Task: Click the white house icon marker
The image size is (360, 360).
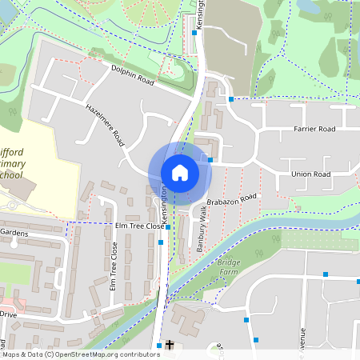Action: pyautogui.click(x=179, y=172)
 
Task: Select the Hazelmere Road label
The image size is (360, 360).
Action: pyautogui.click(x=105, y=126)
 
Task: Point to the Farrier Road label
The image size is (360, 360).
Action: pyautogui.click(x=314, y=128)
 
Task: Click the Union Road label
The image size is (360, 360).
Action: pyautogui.click(x=311, y=174)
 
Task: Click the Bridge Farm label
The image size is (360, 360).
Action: pyautogui.click(x=230, y=267)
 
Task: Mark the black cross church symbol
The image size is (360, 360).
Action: pyautogui.click(x=169, y=346)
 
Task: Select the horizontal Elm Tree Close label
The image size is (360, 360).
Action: pyautogui.click(x=140, y=226)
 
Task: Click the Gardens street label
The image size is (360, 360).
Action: pyautogui.click(x=14, y=232)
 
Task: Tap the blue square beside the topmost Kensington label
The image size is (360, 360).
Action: pyautogui.click(x=194, y=35)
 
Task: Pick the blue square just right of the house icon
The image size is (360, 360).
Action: pyautogui.click(x=210, y=160)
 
